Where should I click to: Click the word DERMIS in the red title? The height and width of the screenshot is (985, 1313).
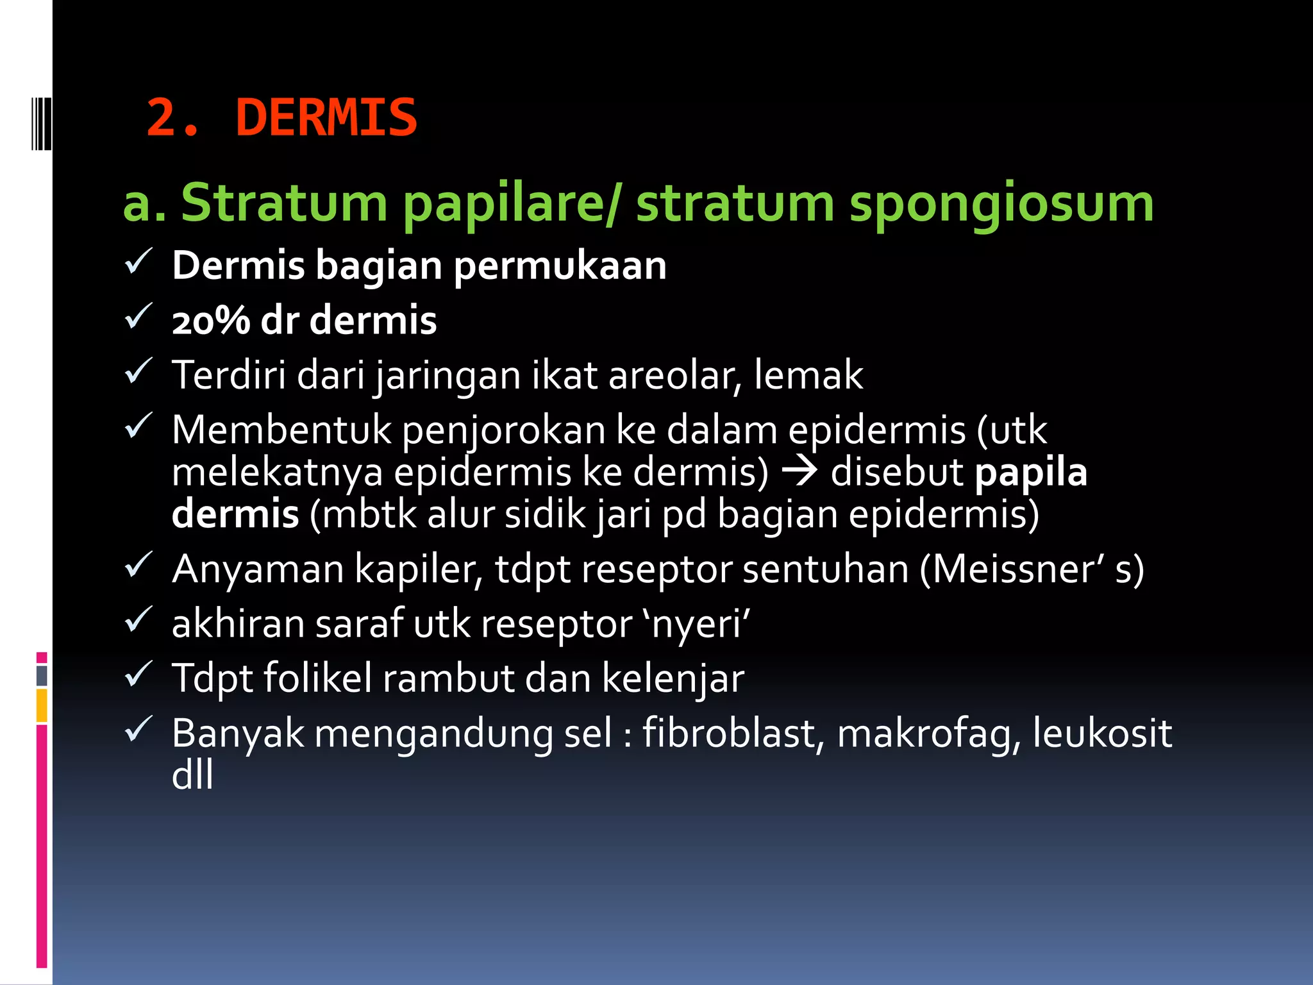click(x=326, y=118)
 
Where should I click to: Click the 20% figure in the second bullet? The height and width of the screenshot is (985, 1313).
click(x=210, y=320)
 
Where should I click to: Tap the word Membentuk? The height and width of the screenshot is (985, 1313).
click(x=281, y=430)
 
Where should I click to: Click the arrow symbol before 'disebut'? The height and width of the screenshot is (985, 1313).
click(x=799, y=471)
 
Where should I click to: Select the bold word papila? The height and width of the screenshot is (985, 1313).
click(x=1030, y=473)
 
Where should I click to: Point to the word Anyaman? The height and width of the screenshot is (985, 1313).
click(x=258, y=569)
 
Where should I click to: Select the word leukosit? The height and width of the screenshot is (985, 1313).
click(x=1102, y=733)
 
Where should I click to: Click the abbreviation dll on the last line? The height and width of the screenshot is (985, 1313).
click(x=192, y=775)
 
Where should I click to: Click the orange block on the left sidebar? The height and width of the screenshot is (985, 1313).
click(x=42, y=705)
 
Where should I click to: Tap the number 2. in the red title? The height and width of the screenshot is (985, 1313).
click(x=173, y=118)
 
